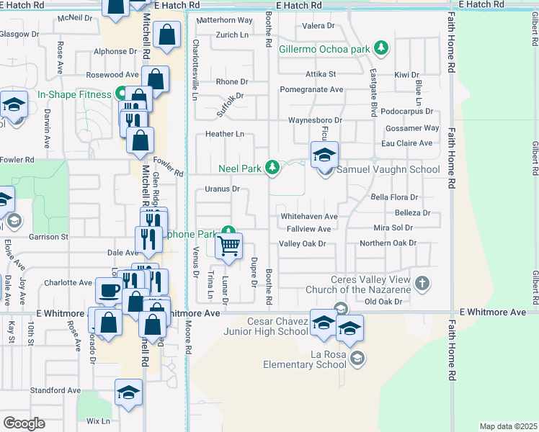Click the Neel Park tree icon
[x=272, y=168]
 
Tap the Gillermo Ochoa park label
[x=324, y=50]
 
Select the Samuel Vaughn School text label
[x=389, y=170]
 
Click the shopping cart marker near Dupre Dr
[x=228, y=246]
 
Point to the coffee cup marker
[x=109, y=290]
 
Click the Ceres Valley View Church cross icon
[x=422, y=283]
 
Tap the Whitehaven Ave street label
[x=308, y=216]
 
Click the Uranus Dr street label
[x=222, y=189]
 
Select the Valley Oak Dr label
[x=303, y=243]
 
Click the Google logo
[x=24, y=423]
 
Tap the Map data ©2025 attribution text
[x=508, y=426]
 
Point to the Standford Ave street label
[x=55, y=390]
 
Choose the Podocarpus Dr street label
[x=406, y=112]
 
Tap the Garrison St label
[x=48, y=236]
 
